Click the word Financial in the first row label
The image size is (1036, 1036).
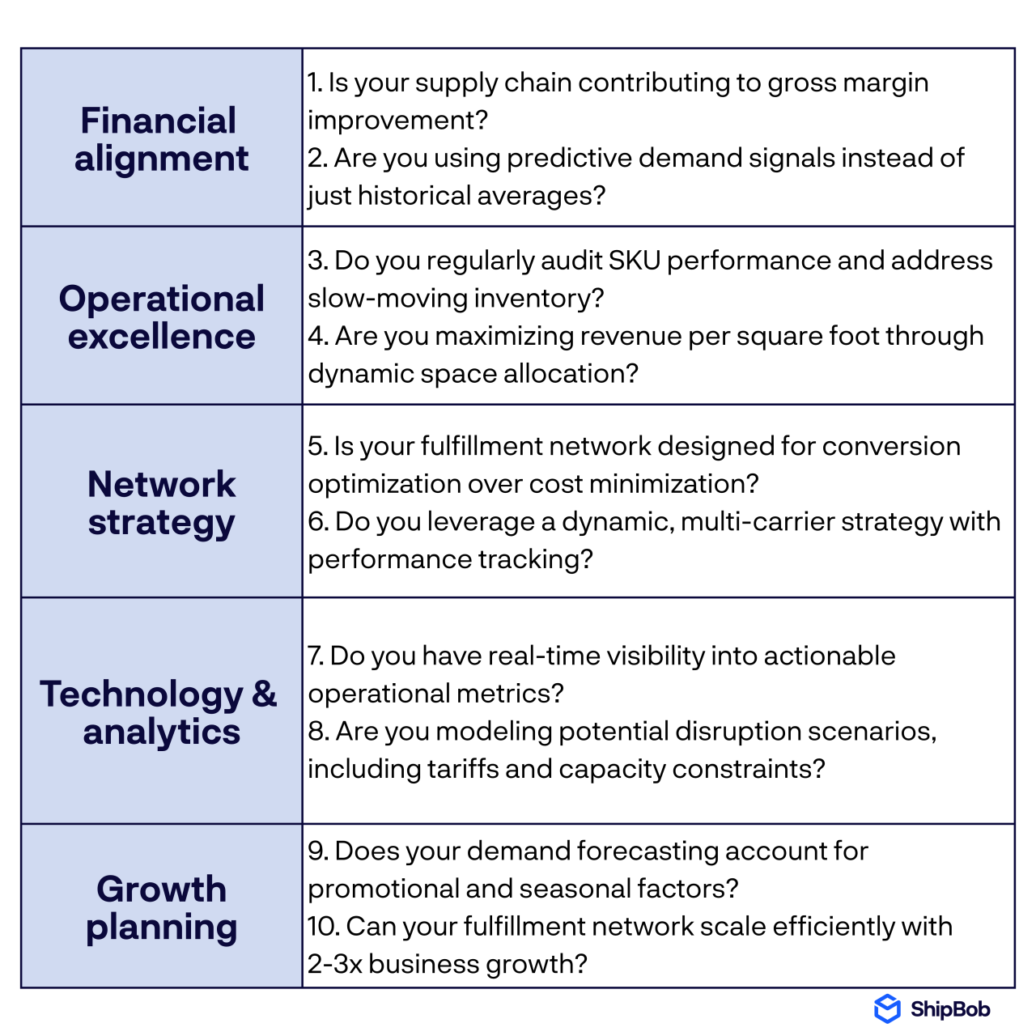pos(159,121)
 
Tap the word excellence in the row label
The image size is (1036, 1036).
pos(162,337)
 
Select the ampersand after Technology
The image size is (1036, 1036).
pos(264,694)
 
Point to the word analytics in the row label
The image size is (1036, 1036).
pos(162,732)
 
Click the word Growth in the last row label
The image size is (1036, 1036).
pos(162,890)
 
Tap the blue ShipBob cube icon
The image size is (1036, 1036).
pos(887,1008)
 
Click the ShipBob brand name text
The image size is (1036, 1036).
pos(949,1009)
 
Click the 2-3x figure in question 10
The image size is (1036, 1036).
pos(334,964)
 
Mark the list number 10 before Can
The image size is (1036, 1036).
pos(322,927)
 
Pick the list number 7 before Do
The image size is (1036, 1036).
pos(314,656)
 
